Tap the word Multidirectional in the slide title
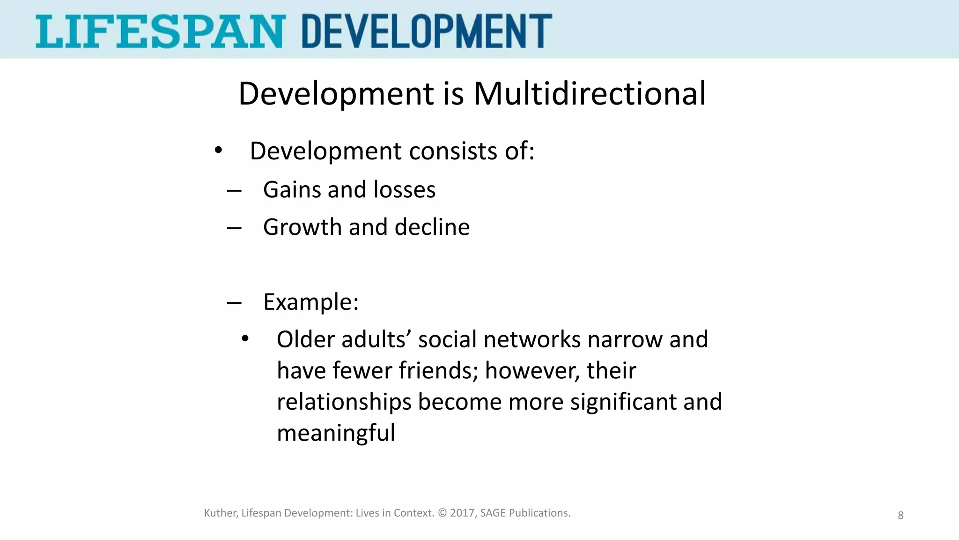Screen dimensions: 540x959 (590, 93)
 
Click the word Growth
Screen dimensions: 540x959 (302, 227)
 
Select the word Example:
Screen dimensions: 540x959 (311, 302)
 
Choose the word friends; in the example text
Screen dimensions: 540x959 (438, 370)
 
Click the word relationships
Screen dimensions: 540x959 (344, 402)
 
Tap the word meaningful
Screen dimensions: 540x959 (336, 433)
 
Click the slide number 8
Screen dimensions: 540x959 (900, 516)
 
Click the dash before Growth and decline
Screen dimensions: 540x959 (234, 228)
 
